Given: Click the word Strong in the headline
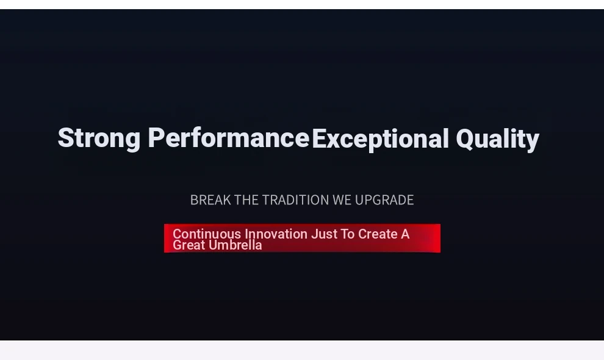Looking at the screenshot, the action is (99, 139).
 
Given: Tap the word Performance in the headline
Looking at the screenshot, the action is (228, 138).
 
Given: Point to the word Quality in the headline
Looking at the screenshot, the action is (497, 140).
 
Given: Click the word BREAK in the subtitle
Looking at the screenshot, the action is (210, 200).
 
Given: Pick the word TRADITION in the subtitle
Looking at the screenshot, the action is (295, 200).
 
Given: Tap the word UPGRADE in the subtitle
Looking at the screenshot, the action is (384, 200).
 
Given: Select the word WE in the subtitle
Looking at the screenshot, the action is (342, 200).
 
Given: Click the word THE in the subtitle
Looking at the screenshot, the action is (246, 200).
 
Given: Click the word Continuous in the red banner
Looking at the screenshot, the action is (207, 234).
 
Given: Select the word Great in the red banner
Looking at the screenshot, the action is (189, 245).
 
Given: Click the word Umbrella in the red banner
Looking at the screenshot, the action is (235, 245).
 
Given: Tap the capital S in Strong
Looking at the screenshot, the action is (65, 138).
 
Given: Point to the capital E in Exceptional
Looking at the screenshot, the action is (319, 139).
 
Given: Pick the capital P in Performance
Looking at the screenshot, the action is (156, 137).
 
